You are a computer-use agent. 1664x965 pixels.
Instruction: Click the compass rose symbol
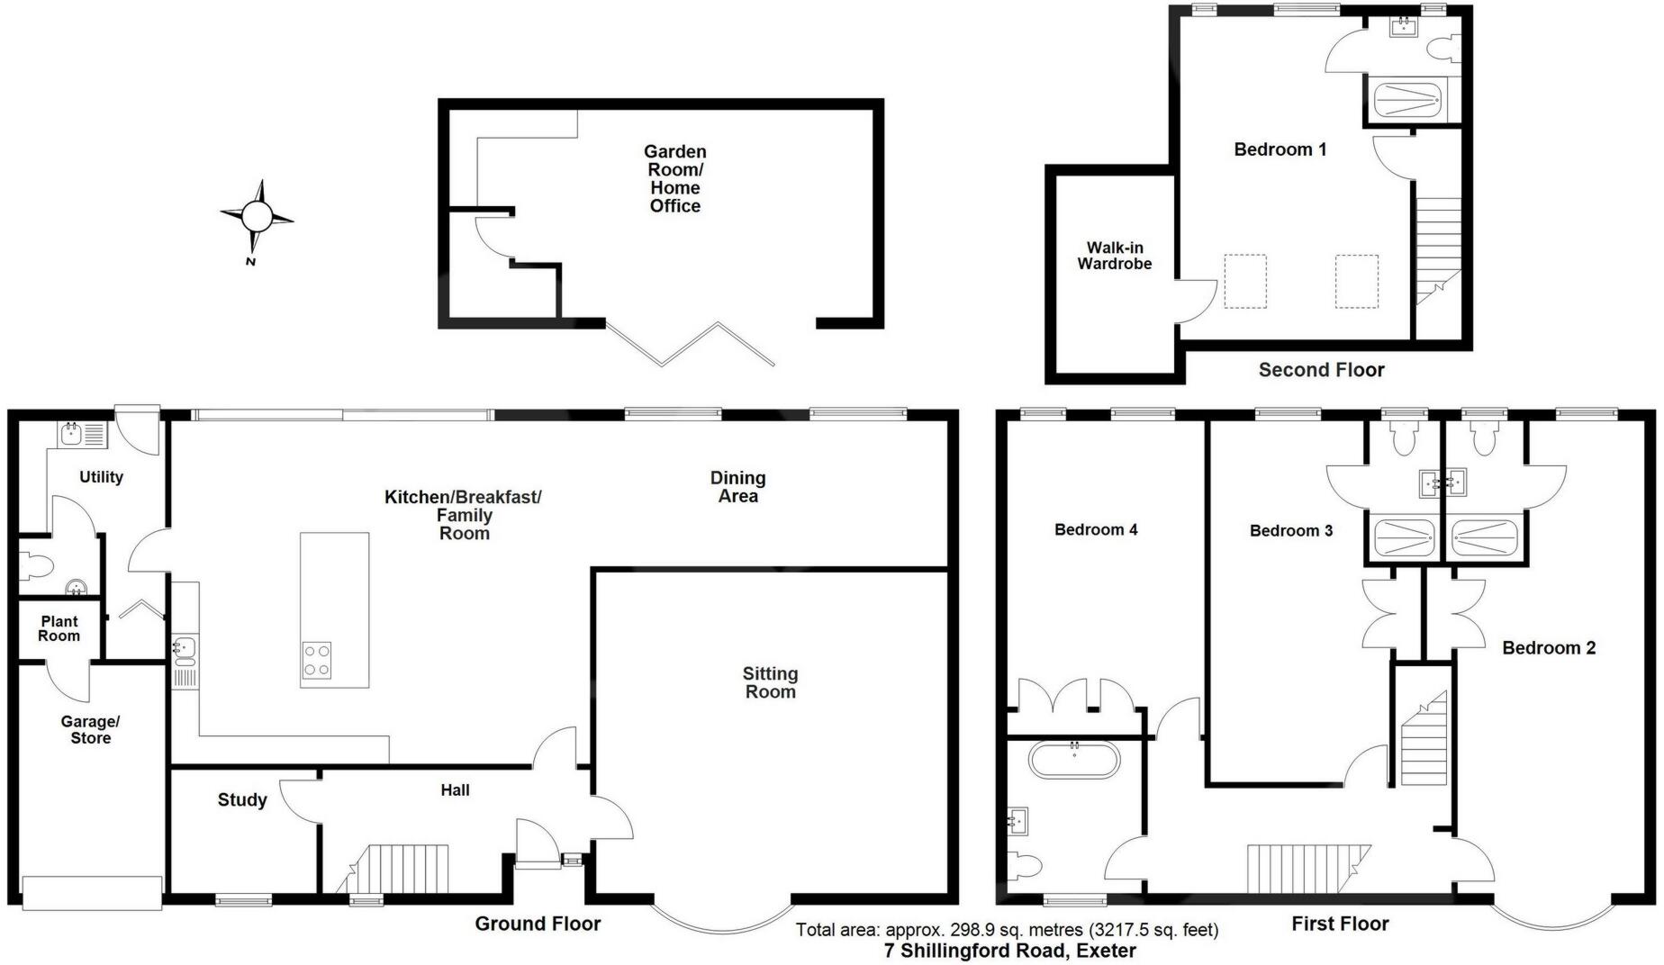pyautogui.click(x=257, y=217)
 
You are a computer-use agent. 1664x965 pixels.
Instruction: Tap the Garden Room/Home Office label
pyautogui.click(x=674, y=179)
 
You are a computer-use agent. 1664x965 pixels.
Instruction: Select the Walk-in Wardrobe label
pyautogui.click(x=1114, y=256)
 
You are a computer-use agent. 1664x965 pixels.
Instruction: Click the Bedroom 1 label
pyautogui.click(x=1280, y=149)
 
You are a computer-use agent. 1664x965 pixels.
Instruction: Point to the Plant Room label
pyautogui.click(x=59, y=628)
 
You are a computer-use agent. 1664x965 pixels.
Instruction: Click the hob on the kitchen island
pyautogui.click(x=316, y=660)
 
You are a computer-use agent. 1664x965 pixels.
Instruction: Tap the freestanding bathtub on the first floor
pyautogui.click(x=1074, y=761)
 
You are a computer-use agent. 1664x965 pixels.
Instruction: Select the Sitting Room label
pyautogui.click(x=770, y=682)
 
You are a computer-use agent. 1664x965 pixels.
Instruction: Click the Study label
pyautogui.click(x=242, y=799)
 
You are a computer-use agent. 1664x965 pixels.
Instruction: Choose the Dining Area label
pyautogui.click(x=737, y=487)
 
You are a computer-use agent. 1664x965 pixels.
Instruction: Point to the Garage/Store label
pyautogui.click(x=90, y=729)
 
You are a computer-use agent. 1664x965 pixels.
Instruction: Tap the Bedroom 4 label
pyautogui.click(x=1096, y=529)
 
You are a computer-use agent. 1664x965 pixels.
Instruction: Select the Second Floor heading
pyautogui.click(x=1321, y=369)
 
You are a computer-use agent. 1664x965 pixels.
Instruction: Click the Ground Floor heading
pyautogui.click(x=538, y=923)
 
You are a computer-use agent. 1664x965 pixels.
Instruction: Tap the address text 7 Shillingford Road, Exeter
pyautogui.click(x=1009, y=951)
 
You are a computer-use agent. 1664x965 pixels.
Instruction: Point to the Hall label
pyautogui.click(x=455, y=790)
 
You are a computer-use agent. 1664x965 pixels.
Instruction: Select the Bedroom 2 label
pyautogui.click(x=1549, y=647)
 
